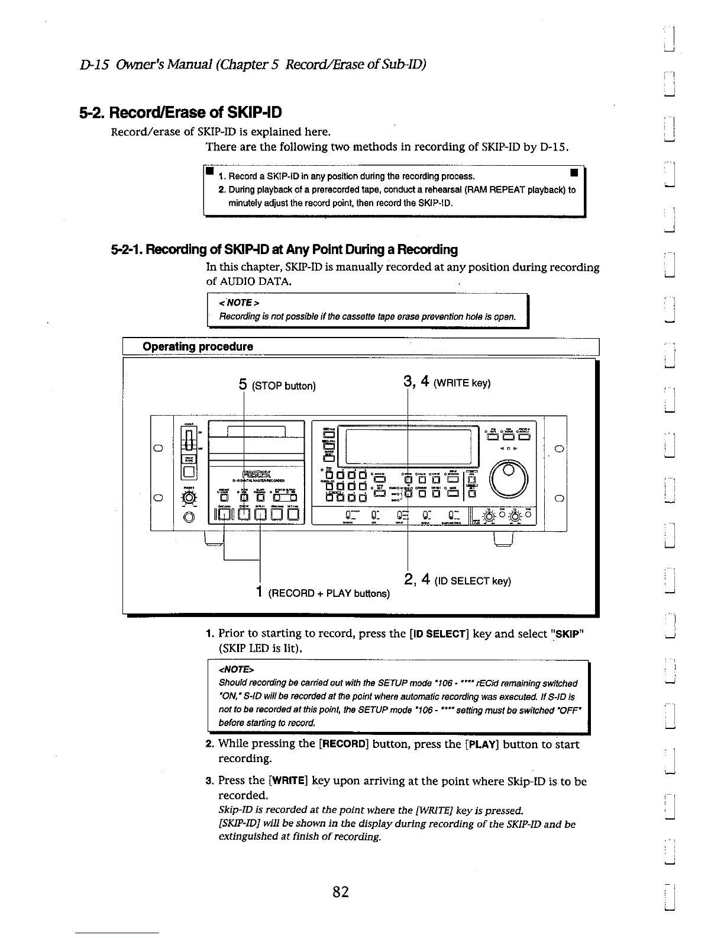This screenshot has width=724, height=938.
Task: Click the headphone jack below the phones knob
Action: [188, 518]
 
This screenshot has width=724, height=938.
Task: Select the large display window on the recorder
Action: [411, 445]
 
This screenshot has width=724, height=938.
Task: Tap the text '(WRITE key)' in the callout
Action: [461, 383]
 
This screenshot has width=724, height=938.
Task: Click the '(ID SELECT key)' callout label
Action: [473, 582]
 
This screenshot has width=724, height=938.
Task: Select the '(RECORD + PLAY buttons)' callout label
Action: [329, 593]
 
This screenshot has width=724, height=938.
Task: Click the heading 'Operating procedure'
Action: [198, 346]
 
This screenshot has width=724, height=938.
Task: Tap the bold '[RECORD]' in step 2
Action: [342, 744]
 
